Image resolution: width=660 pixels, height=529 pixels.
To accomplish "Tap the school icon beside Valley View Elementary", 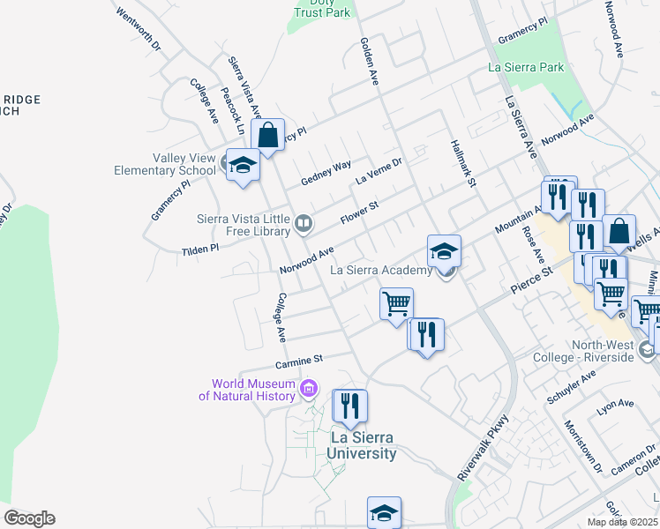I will click(x=243, y=165).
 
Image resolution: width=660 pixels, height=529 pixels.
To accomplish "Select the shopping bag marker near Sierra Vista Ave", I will click(x=267, y=136).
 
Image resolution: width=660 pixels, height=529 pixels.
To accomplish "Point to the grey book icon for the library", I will click(x=303, y=224).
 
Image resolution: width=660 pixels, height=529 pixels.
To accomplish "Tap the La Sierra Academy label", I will click(x=381, y=271).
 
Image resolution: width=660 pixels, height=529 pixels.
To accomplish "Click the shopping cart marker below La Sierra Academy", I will click(x=396, y=303).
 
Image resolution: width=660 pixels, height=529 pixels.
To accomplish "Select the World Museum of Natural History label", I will click(x=253, y=389).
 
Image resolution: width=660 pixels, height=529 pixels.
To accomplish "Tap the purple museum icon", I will click(x=309, y=388).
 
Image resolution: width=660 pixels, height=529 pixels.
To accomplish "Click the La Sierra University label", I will click(x=361, y=445).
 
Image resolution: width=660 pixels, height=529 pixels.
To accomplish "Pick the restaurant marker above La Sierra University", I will click(x=349, y=406).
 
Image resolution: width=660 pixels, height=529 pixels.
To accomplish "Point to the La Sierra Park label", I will click(x=526, y=67).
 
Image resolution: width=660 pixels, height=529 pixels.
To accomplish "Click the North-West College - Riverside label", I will click(x=583, y=351).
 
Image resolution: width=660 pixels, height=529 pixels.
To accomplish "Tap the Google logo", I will click(x=29, y=518).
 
